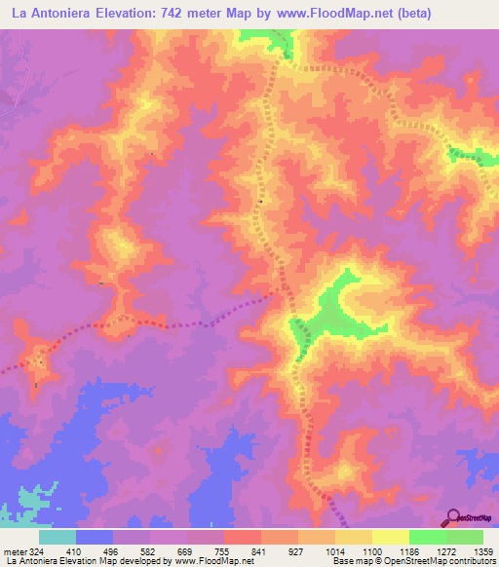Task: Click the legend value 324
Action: [x=31, y=550]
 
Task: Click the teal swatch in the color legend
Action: [x=58, y=536]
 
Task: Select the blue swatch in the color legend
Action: [x=95, y=536]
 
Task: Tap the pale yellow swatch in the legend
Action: [x=391, y=536]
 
